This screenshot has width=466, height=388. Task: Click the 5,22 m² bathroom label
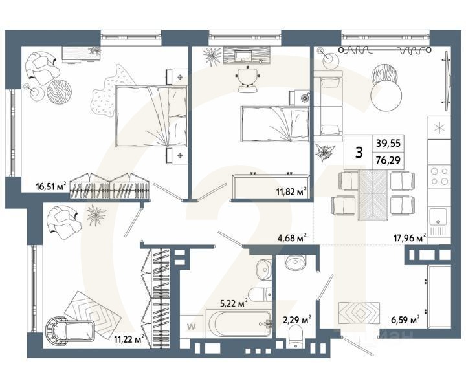click(x=234, y=302)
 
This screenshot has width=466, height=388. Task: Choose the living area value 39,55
click(x=387, y=144)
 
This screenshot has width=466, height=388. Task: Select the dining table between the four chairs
click(x=373, y=192)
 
